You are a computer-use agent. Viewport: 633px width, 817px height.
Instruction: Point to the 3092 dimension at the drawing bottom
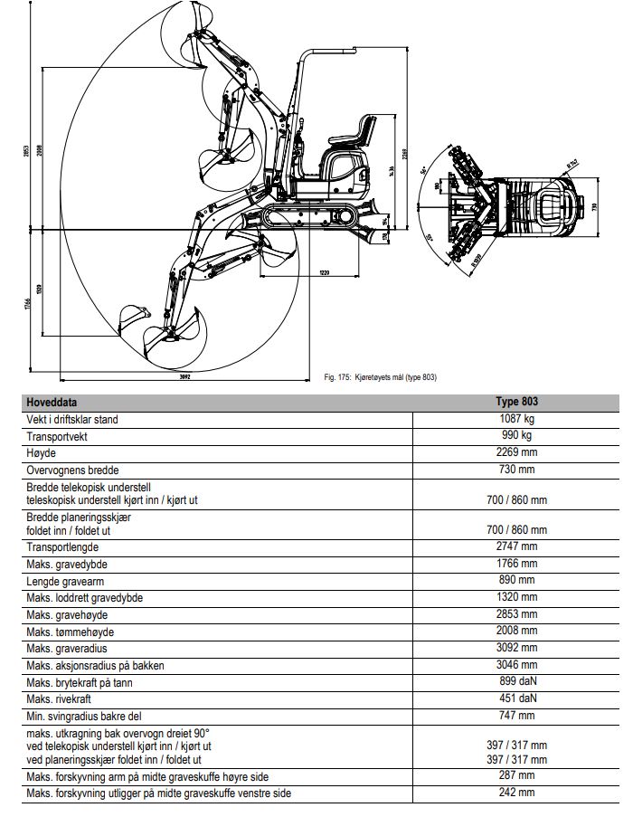(184, 375)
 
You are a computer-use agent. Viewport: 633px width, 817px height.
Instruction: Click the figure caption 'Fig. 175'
(379, 376)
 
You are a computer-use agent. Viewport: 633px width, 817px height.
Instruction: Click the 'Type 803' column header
(516, 402)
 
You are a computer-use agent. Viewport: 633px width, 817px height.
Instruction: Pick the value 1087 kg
(516, 419)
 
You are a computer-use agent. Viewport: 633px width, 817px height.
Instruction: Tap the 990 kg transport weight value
(516, 436)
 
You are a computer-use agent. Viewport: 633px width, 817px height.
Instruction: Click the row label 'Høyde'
(41, 453)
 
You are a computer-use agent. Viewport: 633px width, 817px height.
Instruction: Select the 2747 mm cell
(516, 546)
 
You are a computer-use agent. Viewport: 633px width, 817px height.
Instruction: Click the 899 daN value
(516, 682)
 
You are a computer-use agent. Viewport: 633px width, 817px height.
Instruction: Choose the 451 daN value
(516, 699)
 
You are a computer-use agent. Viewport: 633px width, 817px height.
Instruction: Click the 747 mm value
(516, 716)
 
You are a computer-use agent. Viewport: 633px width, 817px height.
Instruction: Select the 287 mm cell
(516, 776)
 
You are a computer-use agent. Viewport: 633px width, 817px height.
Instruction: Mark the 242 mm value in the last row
(516, 793)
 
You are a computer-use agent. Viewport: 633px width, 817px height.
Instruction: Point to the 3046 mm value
(516, 665)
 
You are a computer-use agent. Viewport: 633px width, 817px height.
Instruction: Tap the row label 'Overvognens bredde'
(72, 470)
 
